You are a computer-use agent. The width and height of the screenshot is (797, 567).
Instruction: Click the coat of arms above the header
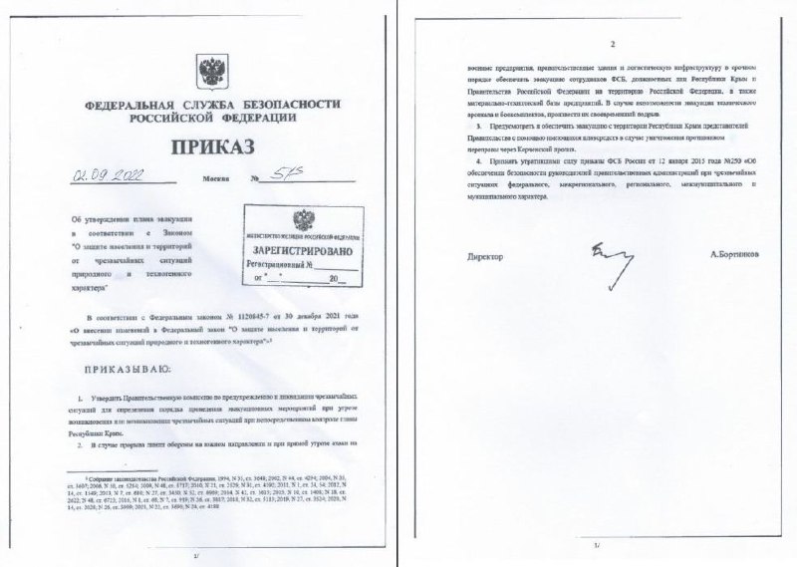(x=211, y=70)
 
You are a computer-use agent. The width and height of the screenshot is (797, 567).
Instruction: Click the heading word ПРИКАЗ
(x=211, y=146)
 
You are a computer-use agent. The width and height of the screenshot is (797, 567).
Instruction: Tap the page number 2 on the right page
(x=613, y=44)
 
